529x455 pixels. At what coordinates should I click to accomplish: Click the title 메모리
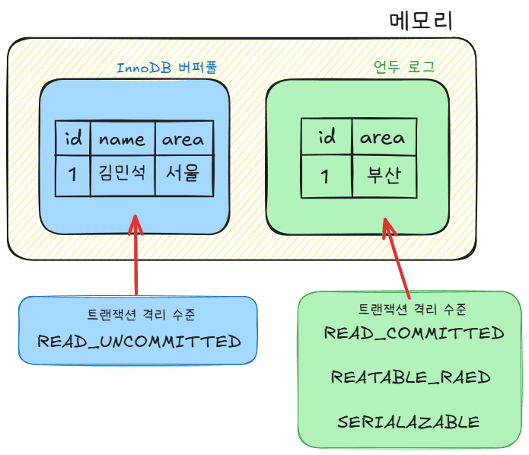(420, 21)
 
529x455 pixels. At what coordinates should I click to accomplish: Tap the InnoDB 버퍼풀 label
(167, 68)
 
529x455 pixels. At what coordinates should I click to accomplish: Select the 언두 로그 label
(403, 68)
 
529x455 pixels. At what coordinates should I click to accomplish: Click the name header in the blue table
(122, 138)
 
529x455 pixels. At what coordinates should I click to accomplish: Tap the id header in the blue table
(73, 138)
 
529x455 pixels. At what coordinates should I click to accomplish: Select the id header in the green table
(326, 138)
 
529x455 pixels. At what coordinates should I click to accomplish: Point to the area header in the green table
(382, 138)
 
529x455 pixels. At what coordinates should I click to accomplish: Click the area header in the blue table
(183, 138)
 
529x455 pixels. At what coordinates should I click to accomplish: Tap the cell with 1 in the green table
(326, 177)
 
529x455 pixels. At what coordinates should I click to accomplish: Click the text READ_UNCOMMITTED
(139, 340)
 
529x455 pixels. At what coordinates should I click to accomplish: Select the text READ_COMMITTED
(414, 333)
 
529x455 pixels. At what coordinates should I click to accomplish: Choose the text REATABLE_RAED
(411, 377)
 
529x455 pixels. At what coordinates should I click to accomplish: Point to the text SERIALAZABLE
(409, 422)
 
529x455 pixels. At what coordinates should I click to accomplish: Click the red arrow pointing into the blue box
(136, 255)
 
